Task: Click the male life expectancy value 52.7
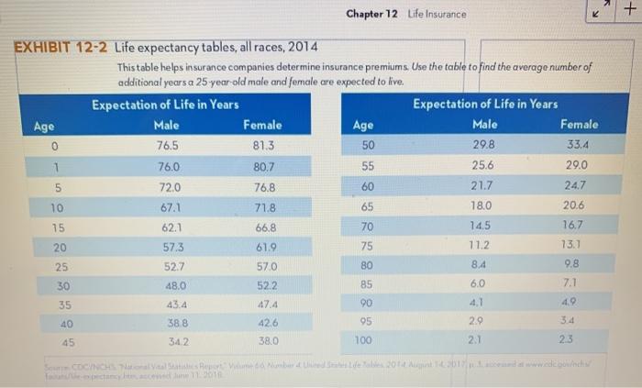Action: click(174, 267)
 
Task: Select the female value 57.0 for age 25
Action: click(266, 267)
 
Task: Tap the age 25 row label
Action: click(61, 267)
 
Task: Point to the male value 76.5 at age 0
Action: click(167, 145)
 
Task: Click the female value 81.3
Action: click(263, 145)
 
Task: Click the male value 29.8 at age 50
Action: click(483, 144)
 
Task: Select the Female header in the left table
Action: click(262, 125)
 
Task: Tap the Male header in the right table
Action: click(484, 124)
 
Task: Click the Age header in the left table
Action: click(44, 125)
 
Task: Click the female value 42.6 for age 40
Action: click(268, 323)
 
